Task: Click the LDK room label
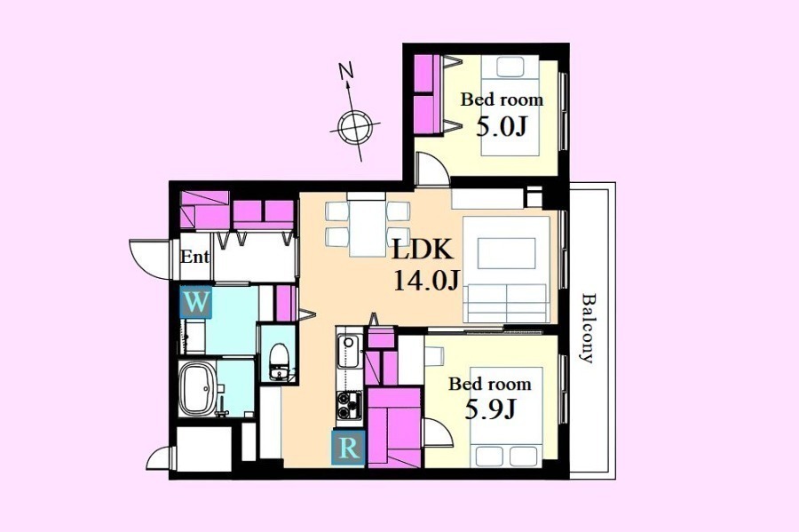click(422, 250)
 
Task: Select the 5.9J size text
click(490, 409)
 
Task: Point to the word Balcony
click(588, 328)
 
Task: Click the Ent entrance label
click(194, 257)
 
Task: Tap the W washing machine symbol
click(195, 303)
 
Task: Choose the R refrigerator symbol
click(348, 448)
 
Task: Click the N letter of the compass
click(346, 71)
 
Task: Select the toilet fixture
click(279, 361)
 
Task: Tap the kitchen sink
click(349, 351)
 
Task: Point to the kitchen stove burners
click(349, 405)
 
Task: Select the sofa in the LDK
click(505, 303)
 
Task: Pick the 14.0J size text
click(427, 281)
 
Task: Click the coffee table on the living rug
click(507, 253)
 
